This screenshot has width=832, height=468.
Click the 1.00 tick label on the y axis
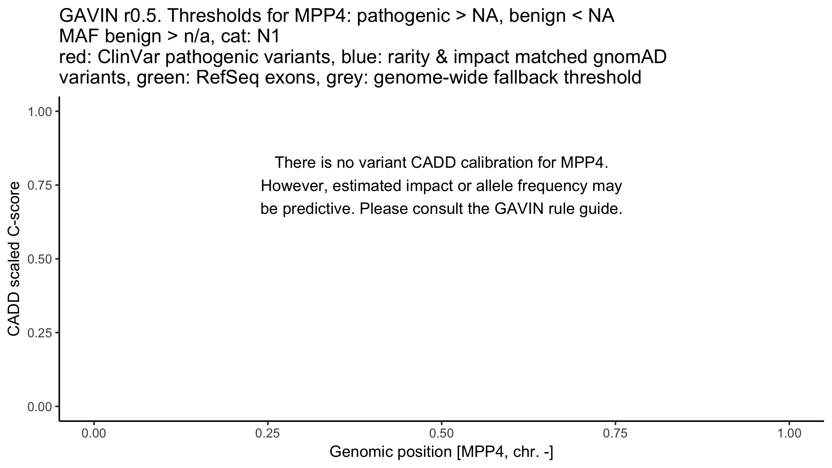pos(40,112)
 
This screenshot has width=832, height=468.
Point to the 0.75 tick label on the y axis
pos(40,185)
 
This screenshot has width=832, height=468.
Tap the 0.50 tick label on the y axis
pos(40,259)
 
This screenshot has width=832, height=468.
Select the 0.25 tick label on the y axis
pos(40,333)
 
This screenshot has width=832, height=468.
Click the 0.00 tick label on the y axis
pos(40,406)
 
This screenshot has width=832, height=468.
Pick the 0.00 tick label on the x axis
pos(94,434)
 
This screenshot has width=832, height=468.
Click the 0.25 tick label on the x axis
pos(268,434)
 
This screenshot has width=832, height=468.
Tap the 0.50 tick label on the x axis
pos(442,434)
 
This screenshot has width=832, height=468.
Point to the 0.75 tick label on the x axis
pos(615,434)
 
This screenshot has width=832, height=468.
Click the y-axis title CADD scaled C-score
pos(14,259)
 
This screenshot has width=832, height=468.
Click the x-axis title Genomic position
pos(441,452)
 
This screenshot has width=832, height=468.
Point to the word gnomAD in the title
pos(630,57)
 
